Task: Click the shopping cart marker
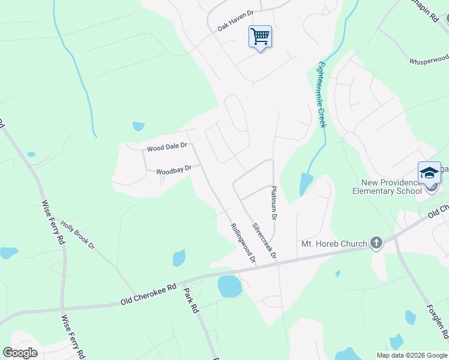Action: (260, 37)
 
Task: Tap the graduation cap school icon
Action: (429, 173)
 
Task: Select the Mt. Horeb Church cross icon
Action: (376, 243)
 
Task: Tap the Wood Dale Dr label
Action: (167, 146)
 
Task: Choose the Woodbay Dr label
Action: (173, 170)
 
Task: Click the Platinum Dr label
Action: (274, 202)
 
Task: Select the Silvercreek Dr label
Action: (264, 241)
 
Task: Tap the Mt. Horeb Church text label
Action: (334, 244)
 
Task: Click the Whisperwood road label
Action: (429, 60)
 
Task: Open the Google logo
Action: (20, 353)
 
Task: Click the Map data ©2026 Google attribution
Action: (412, 355)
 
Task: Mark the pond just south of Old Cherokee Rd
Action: (229, 287)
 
